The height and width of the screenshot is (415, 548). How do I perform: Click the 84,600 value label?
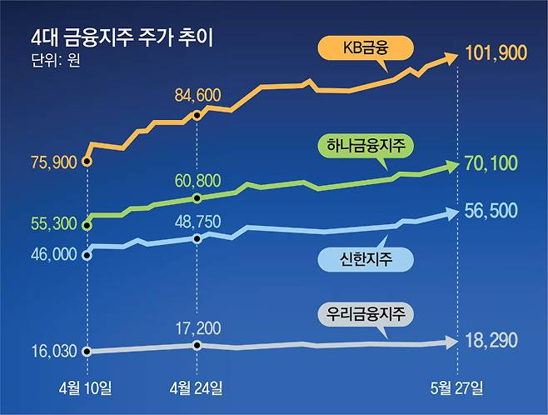197,96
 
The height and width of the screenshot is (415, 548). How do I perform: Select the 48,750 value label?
197,222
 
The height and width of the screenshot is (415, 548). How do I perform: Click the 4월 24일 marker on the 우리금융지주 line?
197,345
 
